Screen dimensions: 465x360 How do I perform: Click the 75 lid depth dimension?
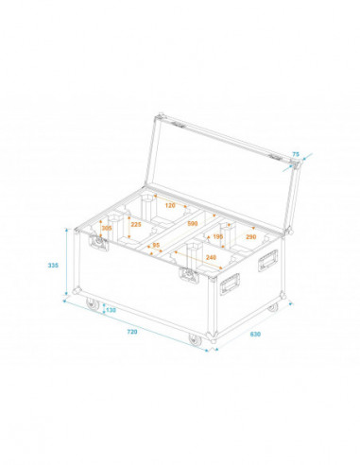coord(295,153)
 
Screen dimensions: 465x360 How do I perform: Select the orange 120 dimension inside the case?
coord(170,205)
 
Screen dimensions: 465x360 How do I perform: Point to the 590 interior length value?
coord(192,223)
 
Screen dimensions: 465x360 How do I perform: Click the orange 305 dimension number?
coord(106,229)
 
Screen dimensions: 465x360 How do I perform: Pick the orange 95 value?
coord(156,245)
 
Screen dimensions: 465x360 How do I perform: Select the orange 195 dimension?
coord(217,236)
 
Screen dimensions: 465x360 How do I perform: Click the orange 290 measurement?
coord(249,236)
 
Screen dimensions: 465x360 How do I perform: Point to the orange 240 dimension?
coord(209,257)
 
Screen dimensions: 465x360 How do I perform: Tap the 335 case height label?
coord(54,266)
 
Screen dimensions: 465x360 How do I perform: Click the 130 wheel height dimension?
coord(111,309)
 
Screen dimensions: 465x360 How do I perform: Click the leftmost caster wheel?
coord(93,304)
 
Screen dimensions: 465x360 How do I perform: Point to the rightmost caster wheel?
coord(273,310)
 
